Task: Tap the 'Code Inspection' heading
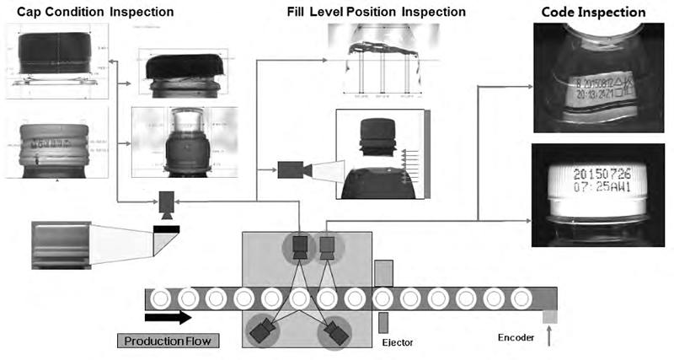click(x=593, y=13)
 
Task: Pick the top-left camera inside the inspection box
click(x=299, y=247)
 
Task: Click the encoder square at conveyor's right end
click(x=550, y=315)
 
